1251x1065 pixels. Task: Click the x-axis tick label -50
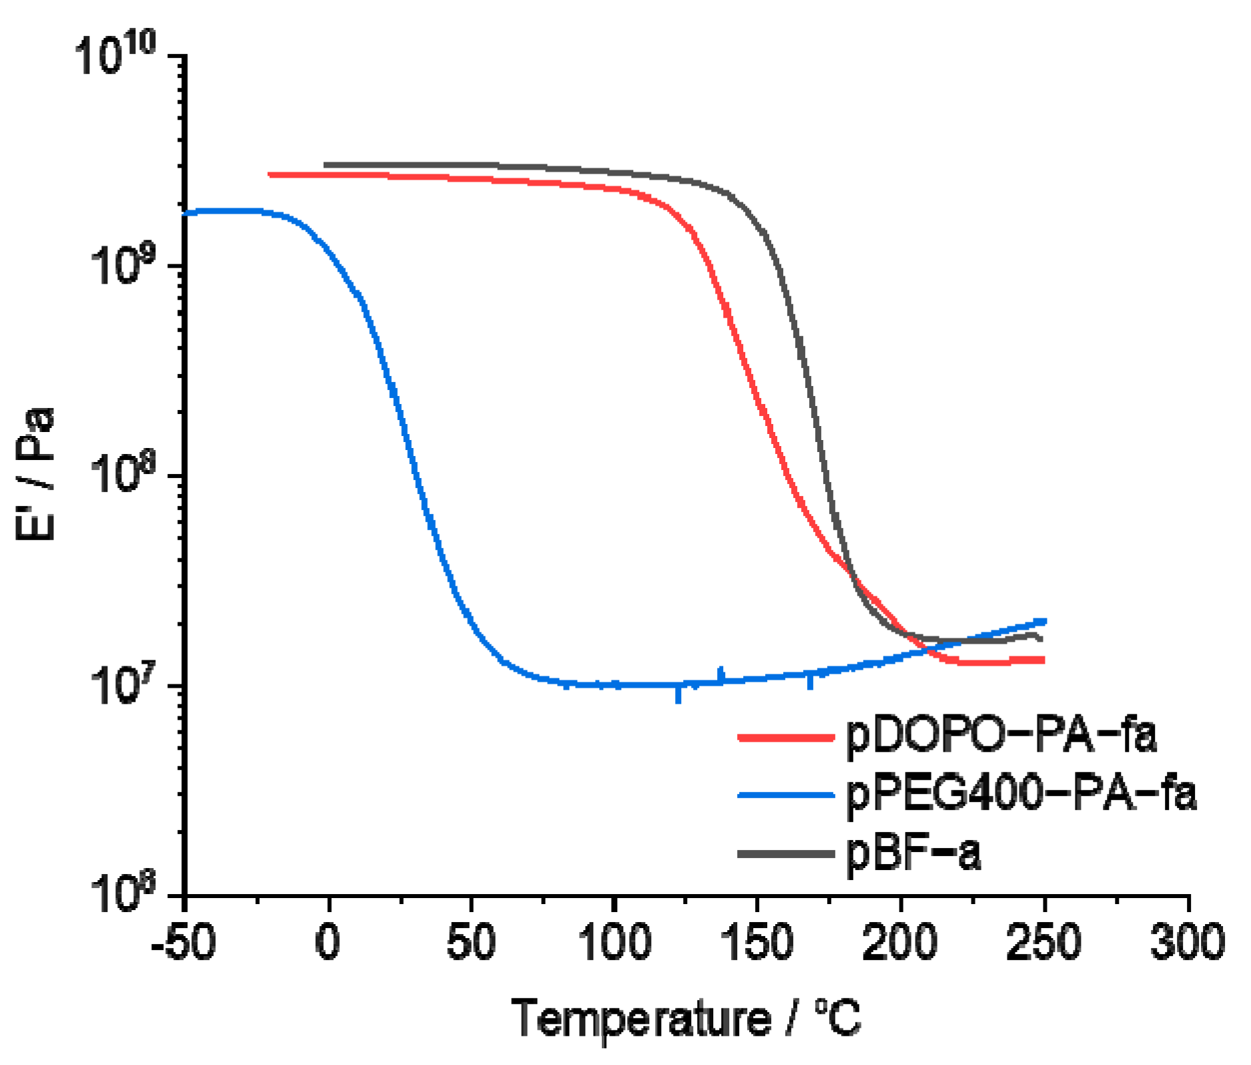(183, 943)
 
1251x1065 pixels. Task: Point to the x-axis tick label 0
(328, 943)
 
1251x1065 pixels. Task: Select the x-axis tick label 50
(471, 943)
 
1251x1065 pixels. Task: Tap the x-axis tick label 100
(614, 943)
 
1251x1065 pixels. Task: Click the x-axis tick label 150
(758, 943)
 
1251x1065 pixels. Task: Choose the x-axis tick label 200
(901, 943)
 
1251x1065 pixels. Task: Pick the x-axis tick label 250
(1044, 943)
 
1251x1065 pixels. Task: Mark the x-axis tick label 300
(1188, 943)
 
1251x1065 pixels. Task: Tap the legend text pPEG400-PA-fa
(1021, 795)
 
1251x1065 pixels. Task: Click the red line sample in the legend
(786, 737)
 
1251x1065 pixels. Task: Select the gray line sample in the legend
(786, 854)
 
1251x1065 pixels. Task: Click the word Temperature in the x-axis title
(641, 1020)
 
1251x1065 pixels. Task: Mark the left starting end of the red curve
(270, 175)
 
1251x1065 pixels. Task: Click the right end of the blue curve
(1044, 621)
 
